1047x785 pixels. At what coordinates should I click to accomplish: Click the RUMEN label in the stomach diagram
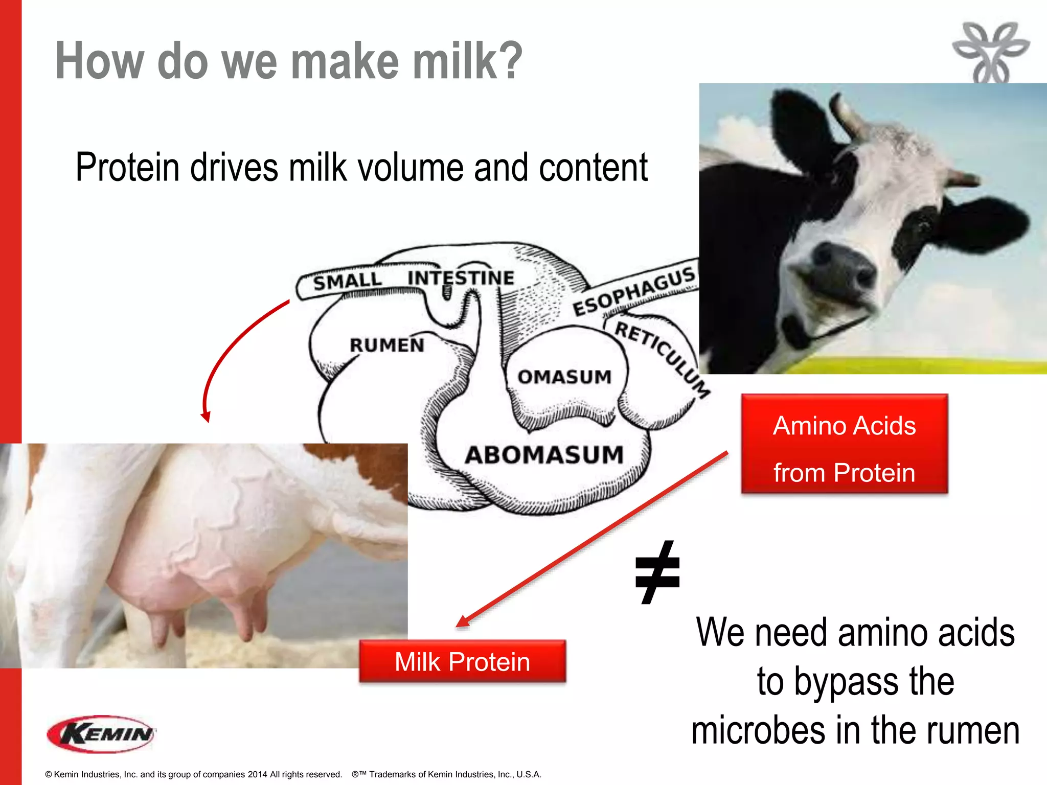[x=387, y=345]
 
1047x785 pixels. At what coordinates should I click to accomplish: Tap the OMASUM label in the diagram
[x=564, y=377]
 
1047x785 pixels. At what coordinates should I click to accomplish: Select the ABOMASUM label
[x=544, y=455]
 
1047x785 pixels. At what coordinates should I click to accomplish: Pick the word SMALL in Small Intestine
[x=348, y=281]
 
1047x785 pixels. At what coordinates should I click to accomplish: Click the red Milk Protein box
[x=462, y=662]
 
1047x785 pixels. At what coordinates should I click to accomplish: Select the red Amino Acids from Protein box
[x=844, y=444]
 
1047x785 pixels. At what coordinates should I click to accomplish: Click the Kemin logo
[x=101, y=734]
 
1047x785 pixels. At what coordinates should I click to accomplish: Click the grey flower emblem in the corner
[x=990, y=52]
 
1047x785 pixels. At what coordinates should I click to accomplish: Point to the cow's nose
[x=838, y=266]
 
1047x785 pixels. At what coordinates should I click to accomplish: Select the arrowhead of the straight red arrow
[x=463, y=621]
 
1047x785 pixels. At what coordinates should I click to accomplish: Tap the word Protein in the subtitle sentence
[x=127, y=168]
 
